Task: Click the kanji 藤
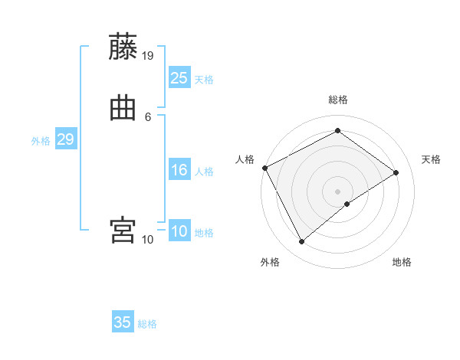pyautogui.click(x=123, y=47)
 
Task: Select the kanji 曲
pyautogui.click(x=123, y=108)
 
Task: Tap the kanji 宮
pyautogui.click(x=123, y=230)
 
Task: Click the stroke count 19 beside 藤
pyautogui.click(x=148, y=55)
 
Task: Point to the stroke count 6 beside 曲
pyautogui.click(x=148, y=116)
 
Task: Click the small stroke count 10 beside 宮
pyautogui.click(x=148, y=239)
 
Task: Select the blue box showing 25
pyautogui.click(x=179, y=77)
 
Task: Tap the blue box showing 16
pyautogui.click(x=179, y=170)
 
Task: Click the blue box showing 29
pyautogui.click(x=65, y=139)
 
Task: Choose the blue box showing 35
pyautogui.click(x=123, y=322)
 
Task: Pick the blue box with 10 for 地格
pyautogui.click(x=179, y=231)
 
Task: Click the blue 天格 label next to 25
pyautogui.click(x=204, y=80)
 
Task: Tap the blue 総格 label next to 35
pyautogui.click(x=147, y=324)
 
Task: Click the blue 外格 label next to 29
pyautogui.click(x=41, y=141)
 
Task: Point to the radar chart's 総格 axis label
pyautogui.click(x=338, y=100)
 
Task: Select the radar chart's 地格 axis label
pyautogui.click(x=402, y=263)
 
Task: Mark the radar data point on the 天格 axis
pyautogui.click(x=396, y=173)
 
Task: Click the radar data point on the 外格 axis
pyautogui.click(x=301, y=242)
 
